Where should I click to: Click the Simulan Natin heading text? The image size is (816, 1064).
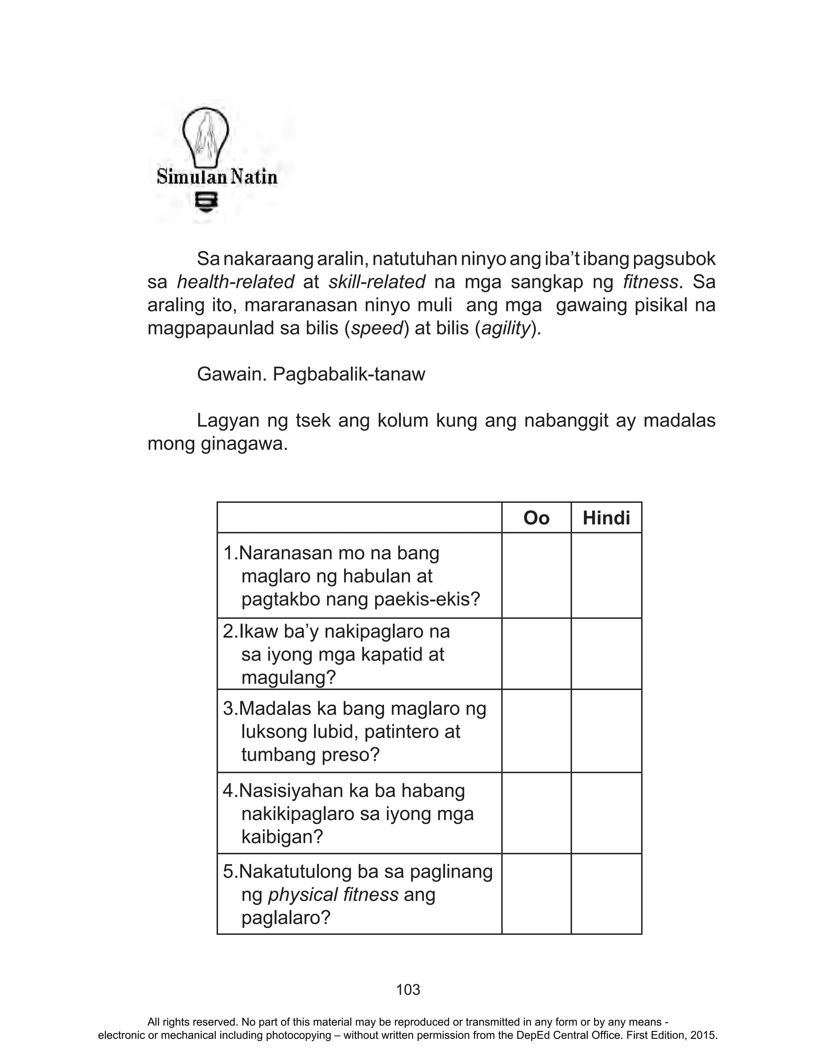click(217, 177)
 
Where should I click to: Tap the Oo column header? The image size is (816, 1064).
click(536, 518)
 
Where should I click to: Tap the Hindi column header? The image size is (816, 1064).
click(606, 518)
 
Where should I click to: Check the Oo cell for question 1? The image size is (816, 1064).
click(536, 575)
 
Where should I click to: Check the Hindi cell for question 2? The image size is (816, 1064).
click(606, 653)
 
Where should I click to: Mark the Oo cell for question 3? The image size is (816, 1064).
click(536, 731)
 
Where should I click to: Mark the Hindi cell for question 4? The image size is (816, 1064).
click(606, 813)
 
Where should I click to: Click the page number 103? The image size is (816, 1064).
click(408, 990)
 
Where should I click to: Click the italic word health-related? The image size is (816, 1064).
click(235, 282)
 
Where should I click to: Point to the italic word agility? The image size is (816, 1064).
click(505, 328)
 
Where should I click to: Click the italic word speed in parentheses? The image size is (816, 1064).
click(377, 328)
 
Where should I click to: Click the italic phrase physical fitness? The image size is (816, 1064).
click(333, 895)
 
